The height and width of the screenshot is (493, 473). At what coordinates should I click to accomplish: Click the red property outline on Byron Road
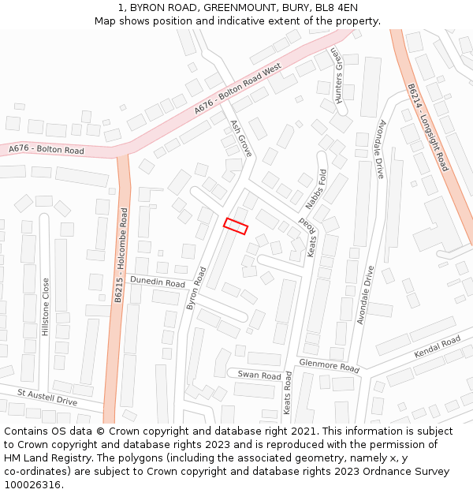236,226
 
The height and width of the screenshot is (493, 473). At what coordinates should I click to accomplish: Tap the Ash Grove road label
240,138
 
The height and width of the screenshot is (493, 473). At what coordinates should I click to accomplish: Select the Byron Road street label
196,288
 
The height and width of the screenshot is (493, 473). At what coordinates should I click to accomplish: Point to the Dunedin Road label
157,282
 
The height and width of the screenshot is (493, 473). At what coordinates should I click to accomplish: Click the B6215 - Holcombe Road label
121,256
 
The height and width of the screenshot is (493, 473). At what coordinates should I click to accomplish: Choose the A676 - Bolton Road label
47,150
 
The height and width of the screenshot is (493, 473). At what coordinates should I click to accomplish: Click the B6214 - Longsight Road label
428,128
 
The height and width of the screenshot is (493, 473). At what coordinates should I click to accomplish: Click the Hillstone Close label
46,307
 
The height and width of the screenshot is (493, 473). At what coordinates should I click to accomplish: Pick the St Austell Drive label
48,397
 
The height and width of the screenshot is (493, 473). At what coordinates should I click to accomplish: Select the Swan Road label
259,375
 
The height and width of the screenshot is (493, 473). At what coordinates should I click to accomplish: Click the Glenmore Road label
329,365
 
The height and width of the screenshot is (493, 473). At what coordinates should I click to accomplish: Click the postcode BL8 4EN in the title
333,8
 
